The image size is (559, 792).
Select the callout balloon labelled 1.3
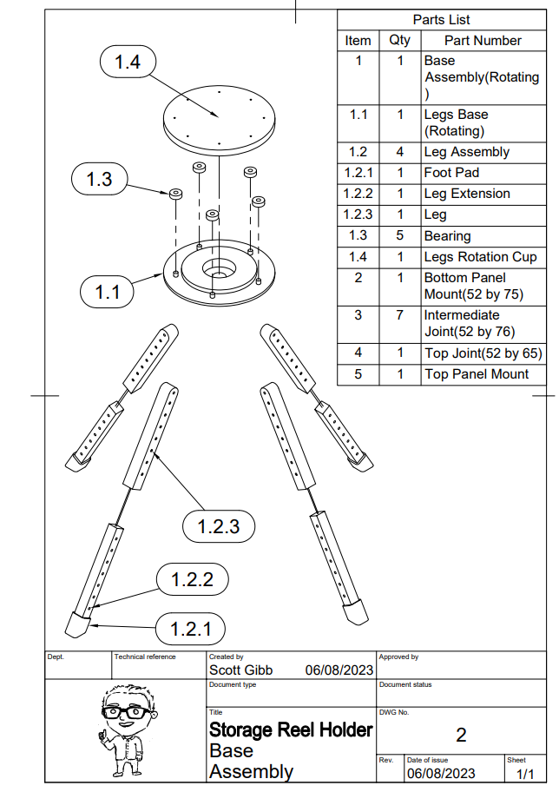tap(100, 179)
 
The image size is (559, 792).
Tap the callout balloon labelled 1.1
tap(109, 292)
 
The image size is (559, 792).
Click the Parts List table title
tap(442, 19)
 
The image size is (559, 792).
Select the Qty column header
tap(399, 40)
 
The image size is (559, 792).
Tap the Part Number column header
tap(483, 40)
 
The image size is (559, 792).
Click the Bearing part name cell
tap(448, 235)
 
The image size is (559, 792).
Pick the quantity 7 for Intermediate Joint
tap(399, 314)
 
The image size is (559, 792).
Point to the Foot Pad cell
tap(451, 173)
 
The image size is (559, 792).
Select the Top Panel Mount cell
tap(477, 374)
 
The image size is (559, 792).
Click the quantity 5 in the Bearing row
tap(399, 235)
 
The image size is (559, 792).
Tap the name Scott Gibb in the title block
tap(240, 670)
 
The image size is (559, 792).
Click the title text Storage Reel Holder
tap(291, 729)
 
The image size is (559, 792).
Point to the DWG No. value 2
tap(461, 736)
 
